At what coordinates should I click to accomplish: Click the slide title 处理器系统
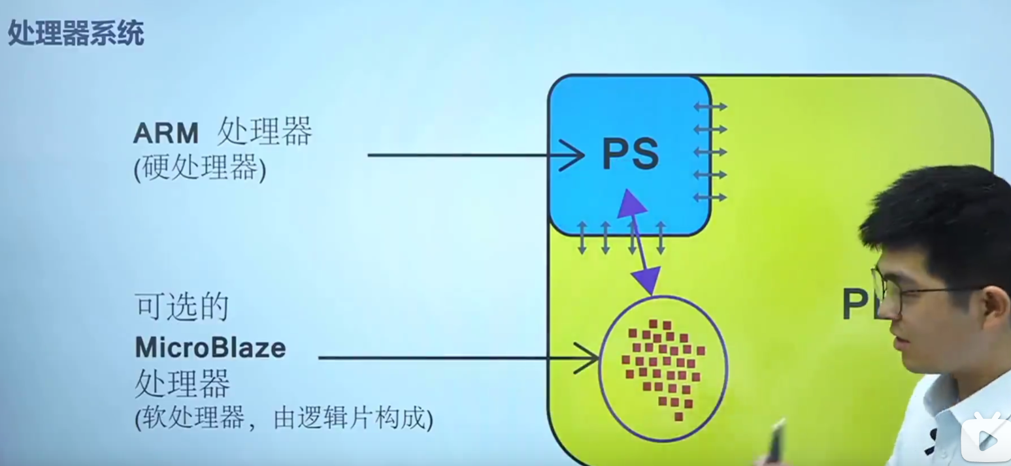76,33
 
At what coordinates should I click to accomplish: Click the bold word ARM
165,134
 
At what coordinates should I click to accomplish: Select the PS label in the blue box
630,155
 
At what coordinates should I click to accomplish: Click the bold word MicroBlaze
210,347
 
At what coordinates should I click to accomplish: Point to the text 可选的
181,307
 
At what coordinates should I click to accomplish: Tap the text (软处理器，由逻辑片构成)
284,418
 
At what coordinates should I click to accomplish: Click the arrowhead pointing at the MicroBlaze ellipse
588,358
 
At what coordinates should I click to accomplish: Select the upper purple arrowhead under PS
630,202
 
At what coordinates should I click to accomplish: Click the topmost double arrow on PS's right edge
710,106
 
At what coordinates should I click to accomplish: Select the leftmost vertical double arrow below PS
582,238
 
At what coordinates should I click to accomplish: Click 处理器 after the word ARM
265,132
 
